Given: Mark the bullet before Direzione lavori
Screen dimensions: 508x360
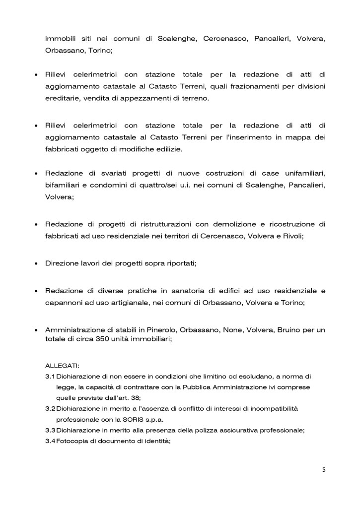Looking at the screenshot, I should click(36, 263).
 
